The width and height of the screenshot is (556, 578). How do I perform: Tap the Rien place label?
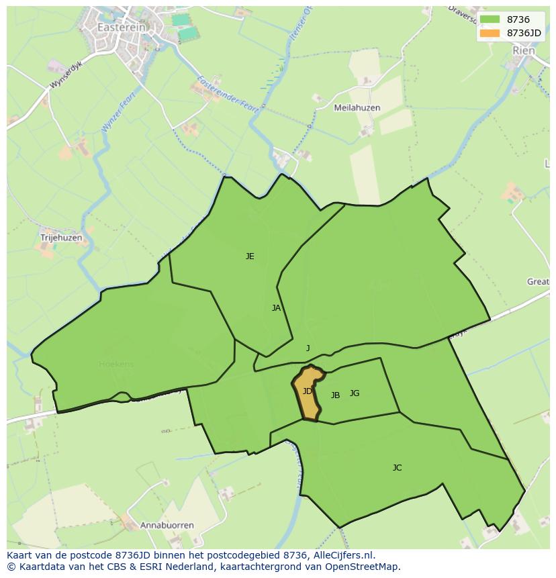(x=523, y=50)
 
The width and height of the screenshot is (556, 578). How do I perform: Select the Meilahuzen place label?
(x=357, y=107)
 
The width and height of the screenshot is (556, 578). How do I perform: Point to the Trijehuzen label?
(x=60, y=238)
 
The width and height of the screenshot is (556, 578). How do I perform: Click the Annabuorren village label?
(x=167, y=525)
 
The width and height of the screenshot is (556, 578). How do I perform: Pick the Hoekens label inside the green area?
(x=116, y=365)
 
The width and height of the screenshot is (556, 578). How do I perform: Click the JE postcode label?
(x=250, y=256)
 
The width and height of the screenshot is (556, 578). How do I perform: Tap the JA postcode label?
(x=276, y=308)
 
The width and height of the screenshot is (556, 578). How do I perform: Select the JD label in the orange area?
(x=307, y=391)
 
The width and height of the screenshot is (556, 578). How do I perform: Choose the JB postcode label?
(x=335, y=395)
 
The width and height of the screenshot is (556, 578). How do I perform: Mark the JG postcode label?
(x=355, y=393)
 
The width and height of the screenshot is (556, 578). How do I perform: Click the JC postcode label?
(x=397, y=468)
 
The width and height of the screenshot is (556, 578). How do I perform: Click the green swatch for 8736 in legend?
(x=490, y=19)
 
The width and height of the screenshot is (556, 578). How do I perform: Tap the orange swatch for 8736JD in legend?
(x=490, y=32)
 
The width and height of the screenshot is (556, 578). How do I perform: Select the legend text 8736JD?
(x=524, y=32)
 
